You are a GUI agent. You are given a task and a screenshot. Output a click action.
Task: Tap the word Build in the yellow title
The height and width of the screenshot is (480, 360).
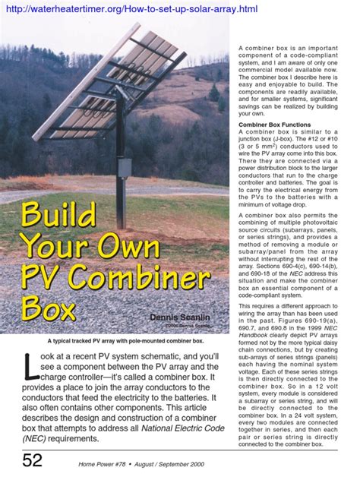62,216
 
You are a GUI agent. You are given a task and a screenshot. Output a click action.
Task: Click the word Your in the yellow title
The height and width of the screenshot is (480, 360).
60,245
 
